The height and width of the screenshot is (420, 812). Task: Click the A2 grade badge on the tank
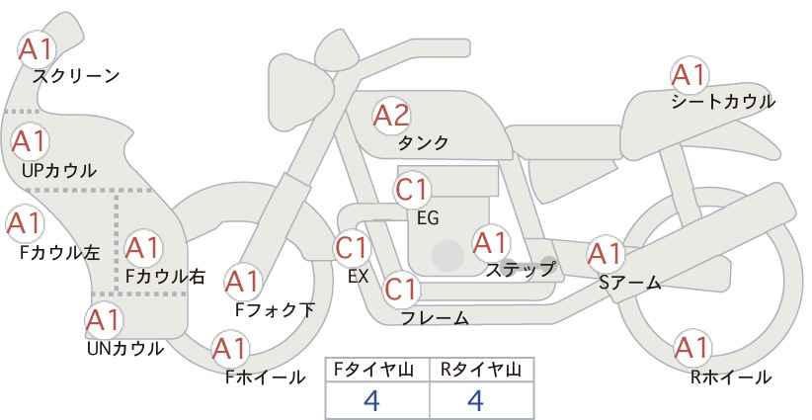(391, 116)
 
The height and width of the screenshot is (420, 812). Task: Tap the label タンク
(423, 142)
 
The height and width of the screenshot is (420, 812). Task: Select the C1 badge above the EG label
(412, 190)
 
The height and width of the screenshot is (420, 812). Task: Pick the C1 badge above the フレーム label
(401, 289)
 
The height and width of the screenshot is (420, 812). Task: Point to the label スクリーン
(76, 76)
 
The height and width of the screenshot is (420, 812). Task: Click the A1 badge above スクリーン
(37, 49)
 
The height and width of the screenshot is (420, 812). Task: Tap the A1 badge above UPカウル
(30, 141)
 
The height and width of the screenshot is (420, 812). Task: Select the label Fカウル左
(59, 253)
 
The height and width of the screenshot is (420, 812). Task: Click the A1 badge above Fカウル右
(143, 249)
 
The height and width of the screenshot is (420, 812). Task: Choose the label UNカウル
(124, 349)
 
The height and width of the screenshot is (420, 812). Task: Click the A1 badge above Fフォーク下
(242, 282)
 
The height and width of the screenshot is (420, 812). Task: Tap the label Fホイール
(265, 378)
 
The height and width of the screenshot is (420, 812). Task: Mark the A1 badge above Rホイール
(692, 348)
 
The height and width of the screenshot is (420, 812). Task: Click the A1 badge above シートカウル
(690, 75)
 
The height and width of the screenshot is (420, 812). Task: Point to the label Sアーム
(629, 283)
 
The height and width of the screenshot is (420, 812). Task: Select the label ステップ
(520, 270)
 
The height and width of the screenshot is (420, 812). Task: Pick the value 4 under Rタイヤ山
(475, 400)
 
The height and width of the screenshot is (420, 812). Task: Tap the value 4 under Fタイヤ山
(371, 400)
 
